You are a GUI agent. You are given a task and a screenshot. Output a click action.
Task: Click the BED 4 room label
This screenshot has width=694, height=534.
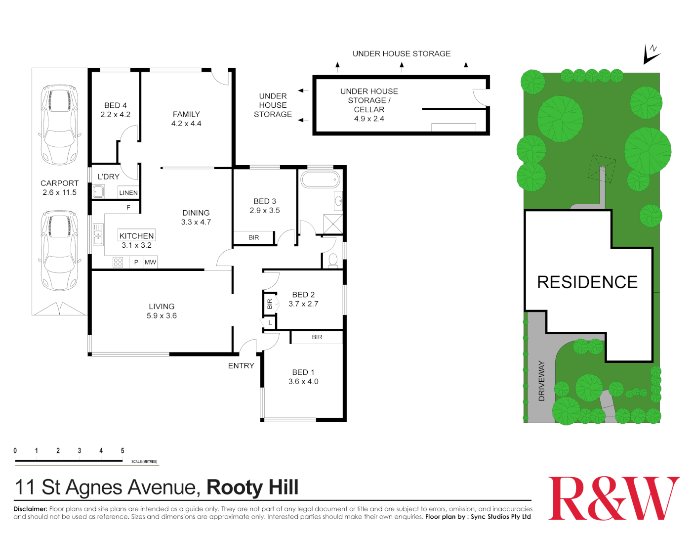point(116,105)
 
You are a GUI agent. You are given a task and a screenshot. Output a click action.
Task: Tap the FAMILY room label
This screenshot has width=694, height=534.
point(186,114)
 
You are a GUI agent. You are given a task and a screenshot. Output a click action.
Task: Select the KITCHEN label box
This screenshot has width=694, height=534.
point(137,236)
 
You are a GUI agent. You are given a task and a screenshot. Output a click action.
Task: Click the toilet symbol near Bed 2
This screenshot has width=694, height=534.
point(333,260)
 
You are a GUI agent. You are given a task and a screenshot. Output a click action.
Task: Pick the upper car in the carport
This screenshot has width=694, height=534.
point(59,125)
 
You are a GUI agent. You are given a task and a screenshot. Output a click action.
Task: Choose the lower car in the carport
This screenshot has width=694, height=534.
point(59,250)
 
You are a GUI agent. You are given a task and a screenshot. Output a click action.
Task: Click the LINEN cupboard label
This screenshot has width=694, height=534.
point(128,193)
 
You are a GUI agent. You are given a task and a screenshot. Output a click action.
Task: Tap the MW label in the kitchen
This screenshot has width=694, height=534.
point(150,263)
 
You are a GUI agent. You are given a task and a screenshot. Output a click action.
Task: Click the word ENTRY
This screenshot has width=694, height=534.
point(241,366)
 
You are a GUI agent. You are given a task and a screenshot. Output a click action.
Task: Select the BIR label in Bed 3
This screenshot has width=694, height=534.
point(254,238)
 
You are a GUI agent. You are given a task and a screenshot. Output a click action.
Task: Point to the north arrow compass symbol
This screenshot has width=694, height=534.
point(652,53)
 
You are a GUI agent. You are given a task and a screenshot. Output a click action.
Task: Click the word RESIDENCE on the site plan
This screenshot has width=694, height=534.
point(587,282)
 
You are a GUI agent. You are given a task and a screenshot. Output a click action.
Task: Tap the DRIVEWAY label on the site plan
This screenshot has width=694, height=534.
point(541,381)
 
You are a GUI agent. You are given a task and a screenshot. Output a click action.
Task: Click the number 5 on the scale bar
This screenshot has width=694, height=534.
point(122,450)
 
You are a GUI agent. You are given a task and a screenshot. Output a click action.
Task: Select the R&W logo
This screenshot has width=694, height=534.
point(614,498)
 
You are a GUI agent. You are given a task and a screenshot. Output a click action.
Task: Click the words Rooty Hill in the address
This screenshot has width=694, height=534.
point(252,488)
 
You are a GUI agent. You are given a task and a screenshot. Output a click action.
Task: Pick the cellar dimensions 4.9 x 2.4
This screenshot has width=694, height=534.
point(369,119)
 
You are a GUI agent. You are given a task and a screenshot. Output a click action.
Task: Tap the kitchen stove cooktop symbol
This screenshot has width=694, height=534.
point(118,262)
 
